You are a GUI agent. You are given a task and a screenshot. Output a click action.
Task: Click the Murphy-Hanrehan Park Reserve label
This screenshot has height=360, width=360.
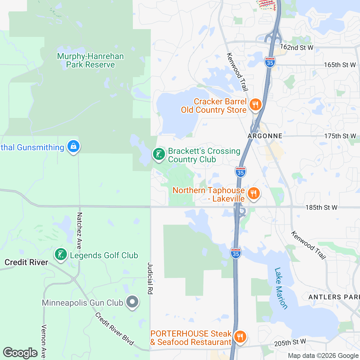pyautogui.click(x=90, y=60)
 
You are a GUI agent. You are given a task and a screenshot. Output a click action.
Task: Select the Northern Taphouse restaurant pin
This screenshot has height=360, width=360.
pyautogui.click(x=254, y=193)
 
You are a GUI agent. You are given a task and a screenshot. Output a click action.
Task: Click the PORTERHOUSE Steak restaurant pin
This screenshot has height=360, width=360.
pyautogui.click(x=240, y=337)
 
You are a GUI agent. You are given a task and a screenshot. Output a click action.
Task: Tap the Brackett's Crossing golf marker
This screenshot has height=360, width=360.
pyautogui.click(x=159, y=154)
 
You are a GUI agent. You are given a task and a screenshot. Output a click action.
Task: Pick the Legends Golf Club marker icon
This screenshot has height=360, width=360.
pyautogui.click(x=61, y=255)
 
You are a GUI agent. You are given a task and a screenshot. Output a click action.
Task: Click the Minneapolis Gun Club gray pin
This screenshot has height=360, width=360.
pyautogui.click(x=132, y=302)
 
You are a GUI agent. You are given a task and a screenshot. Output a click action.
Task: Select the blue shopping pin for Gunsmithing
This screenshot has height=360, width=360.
pyautogui.click(x=73, y=146)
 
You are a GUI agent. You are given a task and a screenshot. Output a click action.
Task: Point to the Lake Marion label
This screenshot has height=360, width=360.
pyautogui.click(x=281, y=288)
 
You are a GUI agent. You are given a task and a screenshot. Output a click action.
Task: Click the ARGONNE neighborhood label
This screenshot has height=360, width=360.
pyautogui.click(x=265, y=136)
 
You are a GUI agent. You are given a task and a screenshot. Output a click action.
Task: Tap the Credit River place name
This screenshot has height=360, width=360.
pyautogui.click(x=26, y=262)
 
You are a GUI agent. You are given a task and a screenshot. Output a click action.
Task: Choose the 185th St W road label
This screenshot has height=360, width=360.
pyautogui.click(x=321, y=207)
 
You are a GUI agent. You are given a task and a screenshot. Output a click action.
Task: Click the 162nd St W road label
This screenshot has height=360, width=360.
pyautogui.click(x=296, y=47)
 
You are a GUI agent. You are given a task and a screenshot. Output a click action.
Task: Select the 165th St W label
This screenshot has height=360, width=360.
pyautogui.click(x=340, y=65)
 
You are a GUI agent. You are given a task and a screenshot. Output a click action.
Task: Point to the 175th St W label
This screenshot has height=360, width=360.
pyautogui.click(x=340, y=136)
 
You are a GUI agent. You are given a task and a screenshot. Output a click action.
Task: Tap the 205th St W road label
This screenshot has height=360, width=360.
pyautogui.click(x=290, y=343)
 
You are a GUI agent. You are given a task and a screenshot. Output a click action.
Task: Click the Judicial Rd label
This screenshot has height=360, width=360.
pyautogui.click(x=150, y=278)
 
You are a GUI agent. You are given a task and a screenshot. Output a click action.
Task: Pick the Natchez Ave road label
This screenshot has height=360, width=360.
pyautogui.click(x=79, y=230)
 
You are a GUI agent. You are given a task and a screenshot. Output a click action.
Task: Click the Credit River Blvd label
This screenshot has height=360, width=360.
pyautogui.click(x=114, y=328)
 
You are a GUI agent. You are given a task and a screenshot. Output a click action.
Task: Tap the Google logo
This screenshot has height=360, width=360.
pyautogui.click(x=20, y=353)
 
